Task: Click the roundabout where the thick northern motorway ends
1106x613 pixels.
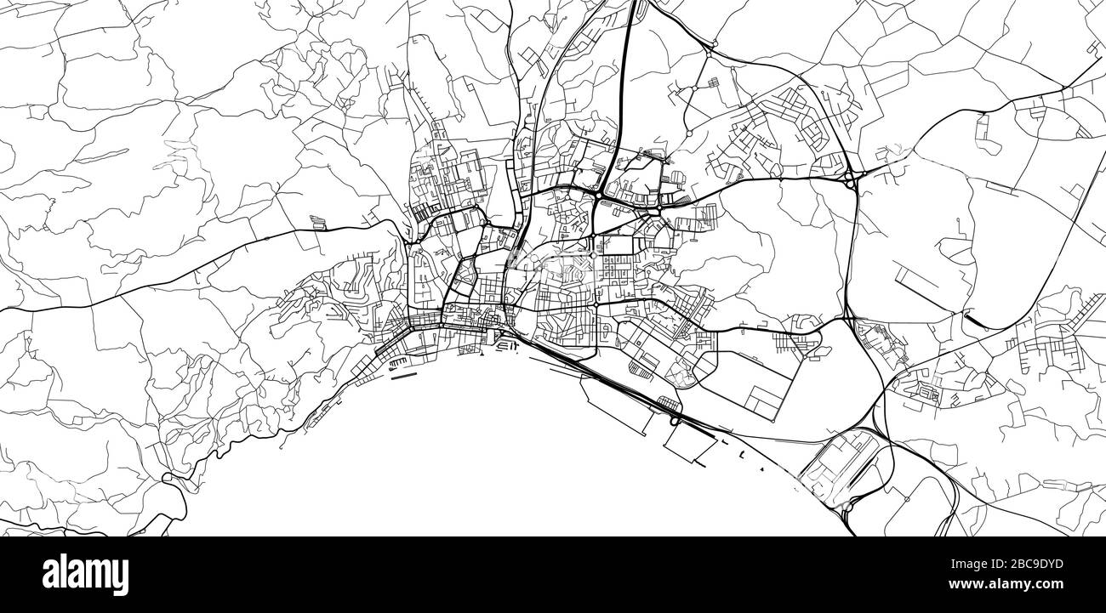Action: pos(599,195)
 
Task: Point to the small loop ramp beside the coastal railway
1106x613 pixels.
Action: pos(675,419)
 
